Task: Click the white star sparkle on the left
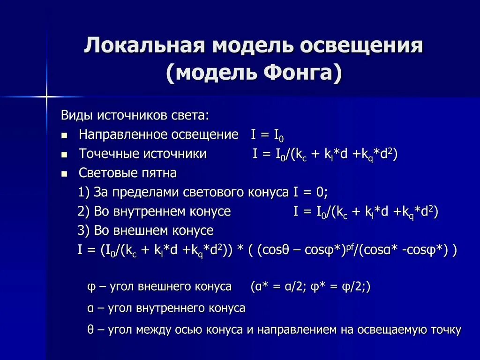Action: pyautogui.click(x=46, y=97)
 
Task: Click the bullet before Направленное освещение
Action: pyautogui.click(x=65, y=135)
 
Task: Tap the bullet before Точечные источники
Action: pyautogui.click(x=65, y=154)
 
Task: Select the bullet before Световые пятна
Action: pyautogui.click(x=65, y=173)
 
